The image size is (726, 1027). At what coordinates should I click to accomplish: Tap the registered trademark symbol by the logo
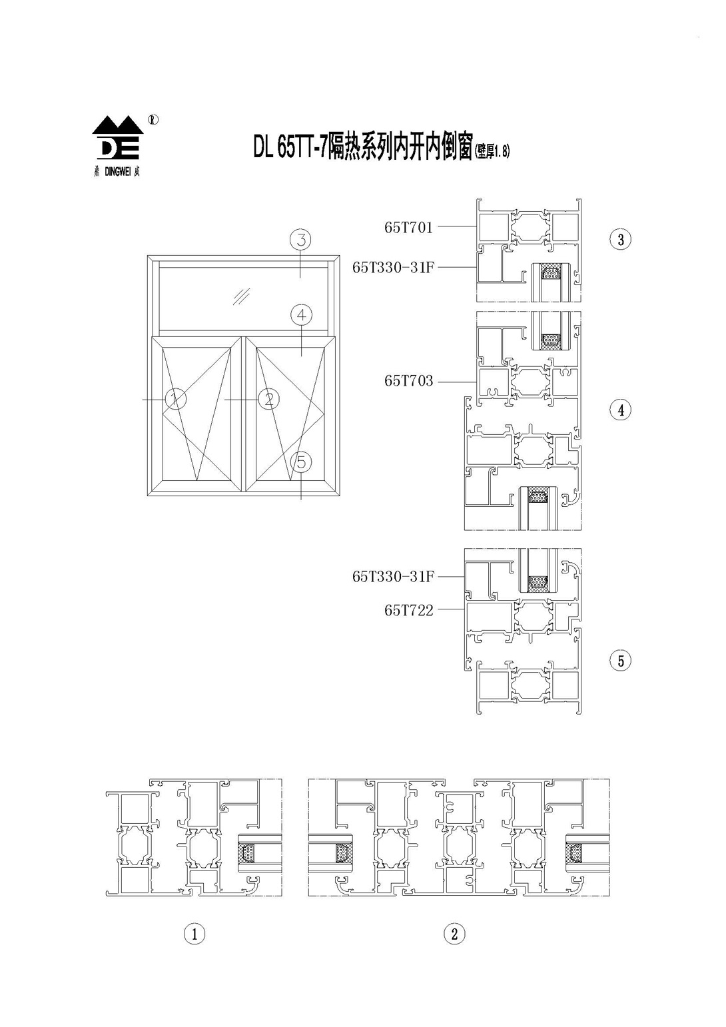click(x=153, y=119)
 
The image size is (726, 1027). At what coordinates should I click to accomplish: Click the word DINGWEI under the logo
click(x=118, y=172)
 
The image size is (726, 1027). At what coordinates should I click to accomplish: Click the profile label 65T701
click(x=409, y=227)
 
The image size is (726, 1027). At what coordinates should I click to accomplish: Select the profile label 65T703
click(x=409, y=381)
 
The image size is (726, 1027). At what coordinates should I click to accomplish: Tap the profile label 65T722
click(x=409, y=610)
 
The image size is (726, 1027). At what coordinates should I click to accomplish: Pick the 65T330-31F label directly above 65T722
click(x=393, y=577)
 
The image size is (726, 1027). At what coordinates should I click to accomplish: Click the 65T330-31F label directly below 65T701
click(x=393, y=267)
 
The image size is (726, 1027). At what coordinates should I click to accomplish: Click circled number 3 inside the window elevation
click(x=300, y=239)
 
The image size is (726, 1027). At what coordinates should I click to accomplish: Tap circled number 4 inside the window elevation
click(x=301, y=315)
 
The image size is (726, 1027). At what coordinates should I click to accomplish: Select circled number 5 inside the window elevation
click(x=301, y=462)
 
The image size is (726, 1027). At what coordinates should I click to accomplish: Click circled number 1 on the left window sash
click(x=176, y=398)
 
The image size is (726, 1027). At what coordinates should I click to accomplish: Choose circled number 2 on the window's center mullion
click(x=268, y=398)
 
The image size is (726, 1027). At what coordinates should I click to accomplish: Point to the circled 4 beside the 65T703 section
click(x=621, y=410)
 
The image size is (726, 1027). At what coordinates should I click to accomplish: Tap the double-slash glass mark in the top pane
click(x=241, y=296)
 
